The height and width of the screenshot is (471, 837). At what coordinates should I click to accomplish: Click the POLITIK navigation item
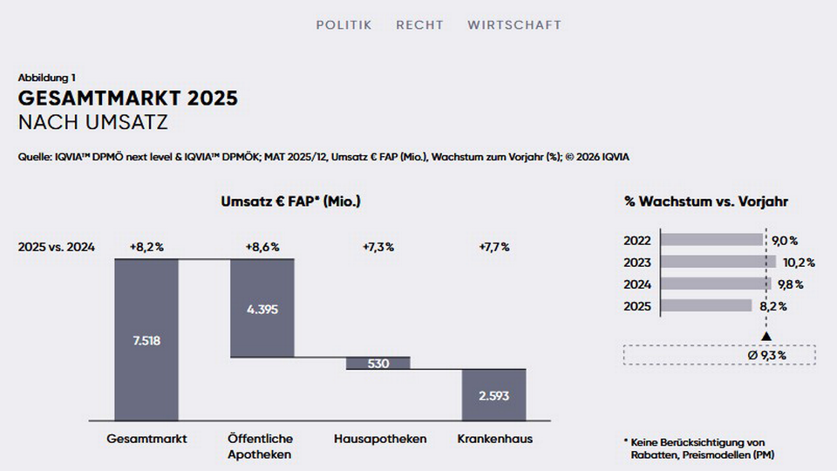pos(344,25)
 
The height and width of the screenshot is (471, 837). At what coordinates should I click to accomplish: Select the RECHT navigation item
pos(419,25)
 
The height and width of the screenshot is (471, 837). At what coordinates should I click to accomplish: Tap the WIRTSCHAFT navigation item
pos(514,25)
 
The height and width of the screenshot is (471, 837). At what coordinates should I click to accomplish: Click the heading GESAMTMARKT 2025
pos(128,99)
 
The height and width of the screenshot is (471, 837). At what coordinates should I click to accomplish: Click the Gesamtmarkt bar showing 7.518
pos(146,339)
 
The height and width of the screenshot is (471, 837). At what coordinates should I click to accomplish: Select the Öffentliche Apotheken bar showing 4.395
pos(262,308)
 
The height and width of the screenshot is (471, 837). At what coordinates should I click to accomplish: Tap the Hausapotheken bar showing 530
pos(378,363)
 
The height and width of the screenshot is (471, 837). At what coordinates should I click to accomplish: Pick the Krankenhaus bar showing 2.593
pos(494,394)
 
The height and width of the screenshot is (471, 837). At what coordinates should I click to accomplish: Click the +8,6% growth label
pos(262,247)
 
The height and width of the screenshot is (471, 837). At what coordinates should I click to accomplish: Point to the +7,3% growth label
pos(378,247)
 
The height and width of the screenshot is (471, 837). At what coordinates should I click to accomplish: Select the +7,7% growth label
pos(494,247)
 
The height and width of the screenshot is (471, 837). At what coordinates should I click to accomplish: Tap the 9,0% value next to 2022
pos(785,240)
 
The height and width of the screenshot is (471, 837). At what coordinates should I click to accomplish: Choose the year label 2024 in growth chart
pos(636,283)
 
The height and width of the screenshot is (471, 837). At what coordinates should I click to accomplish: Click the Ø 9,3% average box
pos(719,355)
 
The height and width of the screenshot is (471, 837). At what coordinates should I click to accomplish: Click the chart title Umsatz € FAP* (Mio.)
pos(291,201)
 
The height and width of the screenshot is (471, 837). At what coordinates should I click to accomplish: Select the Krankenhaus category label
pos(494,439)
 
